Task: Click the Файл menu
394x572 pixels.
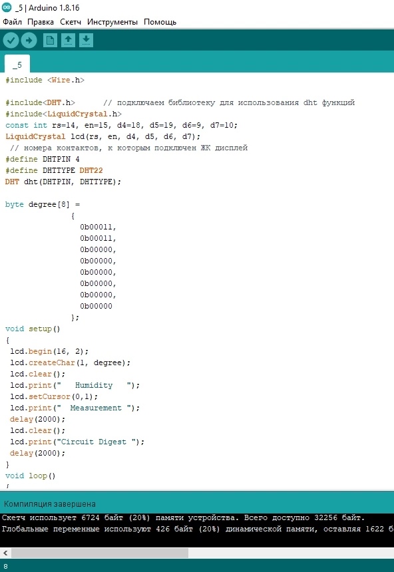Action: click(x=13, y=22)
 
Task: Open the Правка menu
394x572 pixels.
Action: click(x=41, y=22)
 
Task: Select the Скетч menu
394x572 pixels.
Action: click(x=71, y=22)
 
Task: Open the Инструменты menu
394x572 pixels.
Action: click(x=112, y=22)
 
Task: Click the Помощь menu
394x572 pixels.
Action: click(x=160, y=22)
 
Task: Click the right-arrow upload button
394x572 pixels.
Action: click(x=29, y=40)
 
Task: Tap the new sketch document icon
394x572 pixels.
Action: click(x=50, y=40)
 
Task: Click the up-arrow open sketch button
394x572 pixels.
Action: click(x=68, y=40)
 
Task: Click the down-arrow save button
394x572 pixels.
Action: click(x=86, y=40)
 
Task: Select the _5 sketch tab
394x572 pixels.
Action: click(x=17, y=65)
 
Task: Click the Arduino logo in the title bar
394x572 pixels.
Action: click(x=7, y=7)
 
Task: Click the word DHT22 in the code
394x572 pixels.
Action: click(x=91, y=170)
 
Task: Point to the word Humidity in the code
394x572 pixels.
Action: click(x=94, y=385)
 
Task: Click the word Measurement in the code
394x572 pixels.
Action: click(x=96, y=408)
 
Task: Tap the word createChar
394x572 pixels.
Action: click(x=51, y=362)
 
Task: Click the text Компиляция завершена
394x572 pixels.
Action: click(x=50, y=504)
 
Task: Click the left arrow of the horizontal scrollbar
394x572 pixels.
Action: click(x=5, y=553)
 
